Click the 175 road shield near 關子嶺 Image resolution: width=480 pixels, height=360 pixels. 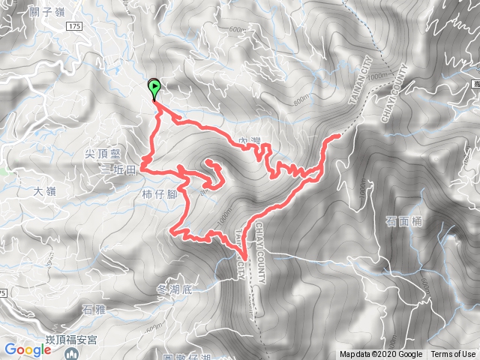click(72, 26)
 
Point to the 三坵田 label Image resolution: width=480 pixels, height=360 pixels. click(118, 170)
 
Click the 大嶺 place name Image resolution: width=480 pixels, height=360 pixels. click(44, 191)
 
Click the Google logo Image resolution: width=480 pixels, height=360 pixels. click(27, 349)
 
